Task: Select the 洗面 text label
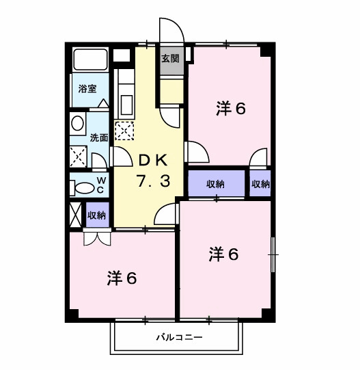coord(99,137)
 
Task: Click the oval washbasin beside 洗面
coord(77,124)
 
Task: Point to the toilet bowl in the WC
coord(85,187)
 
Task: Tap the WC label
coord(100,185)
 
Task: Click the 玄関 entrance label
coord(170,59)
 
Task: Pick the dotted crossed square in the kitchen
coord(124,129)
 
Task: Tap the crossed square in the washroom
coord(79,158)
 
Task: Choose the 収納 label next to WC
coord(96,215)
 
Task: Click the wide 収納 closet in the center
coord(215,183)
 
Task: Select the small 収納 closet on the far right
coord(260,183)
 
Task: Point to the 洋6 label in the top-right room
coord(231,109)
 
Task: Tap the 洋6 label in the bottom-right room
coord(223,254)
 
